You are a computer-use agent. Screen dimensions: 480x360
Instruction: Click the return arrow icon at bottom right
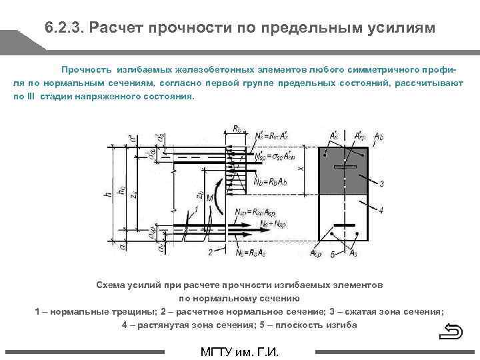[453, 331]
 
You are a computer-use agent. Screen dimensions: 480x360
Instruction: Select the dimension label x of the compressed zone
[301, 169]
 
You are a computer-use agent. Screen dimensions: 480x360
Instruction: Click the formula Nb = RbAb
[269, 181]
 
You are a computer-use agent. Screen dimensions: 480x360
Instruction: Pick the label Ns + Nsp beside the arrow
[274, 222]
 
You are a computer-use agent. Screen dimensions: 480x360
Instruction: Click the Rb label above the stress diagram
[239, 129]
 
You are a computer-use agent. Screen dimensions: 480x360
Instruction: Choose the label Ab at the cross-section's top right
[377, 135]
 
